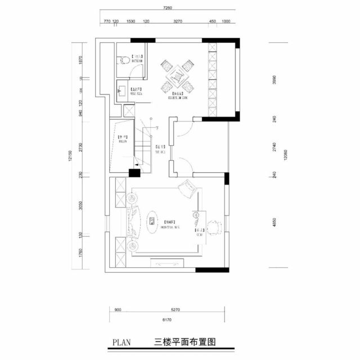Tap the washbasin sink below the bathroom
pyautogui.click(x=121, y=89)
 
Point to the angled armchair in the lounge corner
pyautogui.click(x=187, y=189)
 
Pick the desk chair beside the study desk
pyautogui.click(x=213, y=227)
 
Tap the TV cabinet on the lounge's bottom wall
pyautogui.click(x=168, y=262)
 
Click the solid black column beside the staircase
pyautogui.click(x=134, y=174)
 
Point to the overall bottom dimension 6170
pyautogui.click(x=166, y=319)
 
